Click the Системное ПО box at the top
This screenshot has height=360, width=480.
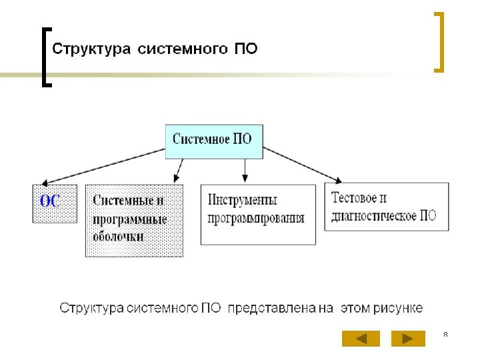pos(213,140)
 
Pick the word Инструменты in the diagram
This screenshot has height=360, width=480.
pos(243,200)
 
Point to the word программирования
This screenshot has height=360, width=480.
pos(256,218)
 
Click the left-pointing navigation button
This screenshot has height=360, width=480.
pos(361,339)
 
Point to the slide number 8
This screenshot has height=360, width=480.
pos(445,333)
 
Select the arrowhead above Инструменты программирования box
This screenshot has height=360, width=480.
pos(245,179)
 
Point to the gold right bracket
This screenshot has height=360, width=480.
pos(439,41)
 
